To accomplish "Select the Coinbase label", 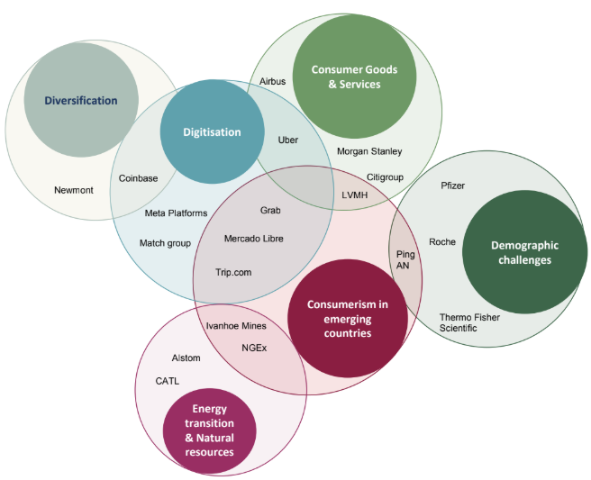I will tap(138, 178).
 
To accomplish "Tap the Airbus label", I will tap(272, 81).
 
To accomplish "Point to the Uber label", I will tap(288, 140).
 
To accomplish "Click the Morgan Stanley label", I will tap(369, 151).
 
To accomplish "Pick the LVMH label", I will tap(355, 195).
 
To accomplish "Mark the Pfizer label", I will tap(453, 186).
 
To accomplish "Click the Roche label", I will tap(442, 241).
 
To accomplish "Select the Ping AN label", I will tap(406, 259).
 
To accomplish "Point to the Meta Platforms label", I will tap(176, 213).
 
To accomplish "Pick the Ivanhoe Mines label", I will tap(236, 326).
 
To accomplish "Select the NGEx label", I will tap(254, 347).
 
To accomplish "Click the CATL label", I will tap(168, 381).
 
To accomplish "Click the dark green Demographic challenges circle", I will tap(524, 251).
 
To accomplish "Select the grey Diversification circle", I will tap(81, 101).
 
